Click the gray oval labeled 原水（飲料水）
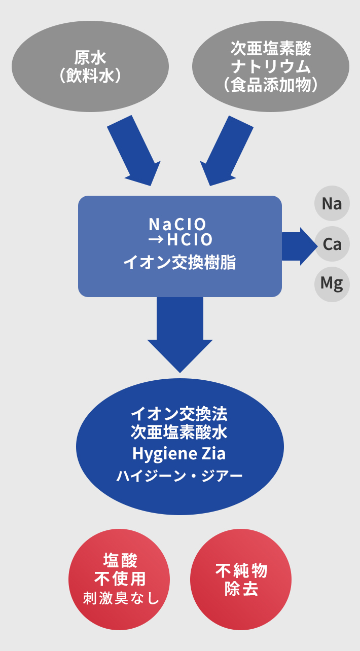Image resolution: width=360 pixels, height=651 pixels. (x=90, y=66)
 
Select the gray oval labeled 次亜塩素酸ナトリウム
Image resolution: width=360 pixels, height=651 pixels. (x=270, y=66)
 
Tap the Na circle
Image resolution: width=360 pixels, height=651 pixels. (x=332, y=204)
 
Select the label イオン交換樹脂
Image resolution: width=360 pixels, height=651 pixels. (x=179, y=263)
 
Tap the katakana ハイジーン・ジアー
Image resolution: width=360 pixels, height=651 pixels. (x=179, y=476)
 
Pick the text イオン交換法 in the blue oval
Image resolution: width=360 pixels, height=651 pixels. (x=179, y=414)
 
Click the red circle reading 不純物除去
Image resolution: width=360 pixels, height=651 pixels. (x=241, y=580)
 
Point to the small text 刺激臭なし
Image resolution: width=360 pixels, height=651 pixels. (x=121, y=598)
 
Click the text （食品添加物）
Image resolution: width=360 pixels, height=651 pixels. (x=270, y=85)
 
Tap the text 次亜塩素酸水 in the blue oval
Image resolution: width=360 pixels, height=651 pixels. (x=179, y=432)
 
